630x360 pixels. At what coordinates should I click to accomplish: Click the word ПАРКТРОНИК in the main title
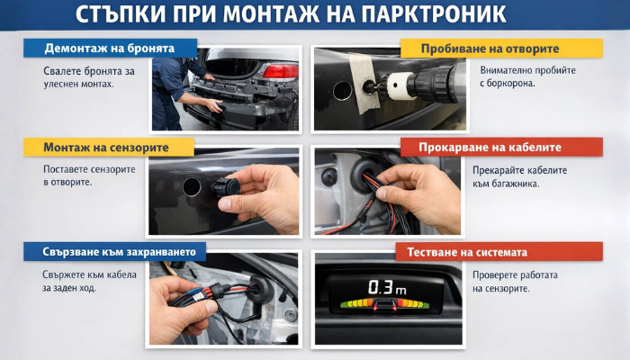pos(434,14)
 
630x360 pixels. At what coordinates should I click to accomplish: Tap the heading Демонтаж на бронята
pos(110,49)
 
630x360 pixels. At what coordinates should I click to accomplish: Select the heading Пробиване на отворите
pos(490,49)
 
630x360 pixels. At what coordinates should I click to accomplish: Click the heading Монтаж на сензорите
pos(106,148)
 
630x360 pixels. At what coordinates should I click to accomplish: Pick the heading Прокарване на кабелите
pos(490,147)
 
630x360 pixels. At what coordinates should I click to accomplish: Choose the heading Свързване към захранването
pos(120,252)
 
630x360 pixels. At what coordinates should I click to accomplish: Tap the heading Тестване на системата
pos(467,252)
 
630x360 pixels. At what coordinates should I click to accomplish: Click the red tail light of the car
pos(281,71)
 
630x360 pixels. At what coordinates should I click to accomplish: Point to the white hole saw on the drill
pos(399,85)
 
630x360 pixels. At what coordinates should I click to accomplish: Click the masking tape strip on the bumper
pos(364,83)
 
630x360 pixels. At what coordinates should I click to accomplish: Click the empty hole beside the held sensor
pos(192,187)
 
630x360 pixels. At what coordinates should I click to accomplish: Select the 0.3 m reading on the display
pos(387,288)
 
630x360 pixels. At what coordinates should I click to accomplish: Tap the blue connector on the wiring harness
pos(194,292)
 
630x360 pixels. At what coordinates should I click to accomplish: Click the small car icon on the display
pos(385,304)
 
